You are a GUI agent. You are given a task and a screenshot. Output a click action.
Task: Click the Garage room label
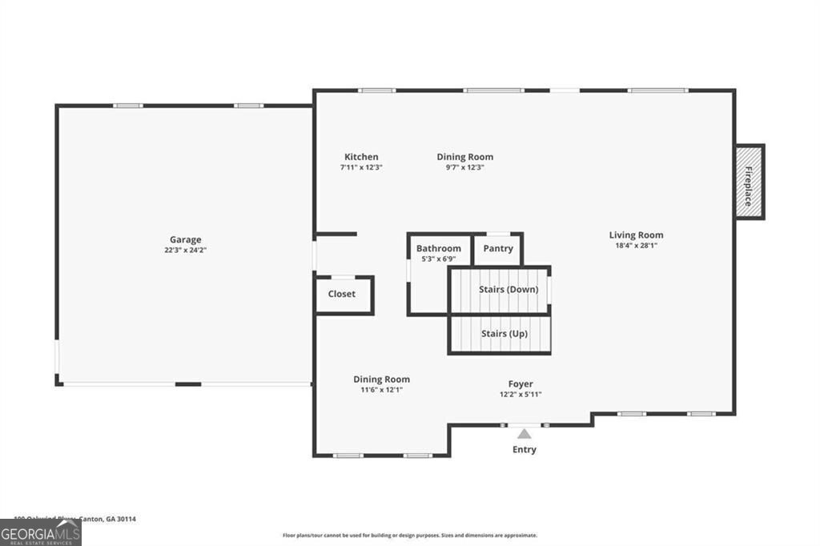tap(185, 239)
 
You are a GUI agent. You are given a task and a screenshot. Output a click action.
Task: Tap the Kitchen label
tap(361, 157)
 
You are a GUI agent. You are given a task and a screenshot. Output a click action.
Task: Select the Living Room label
tap(636, 235)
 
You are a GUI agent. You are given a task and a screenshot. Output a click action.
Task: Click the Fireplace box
tap(750, 182)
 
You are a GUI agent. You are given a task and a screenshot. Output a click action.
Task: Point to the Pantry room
tap(498, 249)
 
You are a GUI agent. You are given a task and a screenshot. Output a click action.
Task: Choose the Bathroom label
tap(438, 249)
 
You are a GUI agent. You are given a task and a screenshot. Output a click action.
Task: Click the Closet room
tap(342, 294)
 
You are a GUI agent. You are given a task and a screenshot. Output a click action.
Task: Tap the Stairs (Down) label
tap(508, 289)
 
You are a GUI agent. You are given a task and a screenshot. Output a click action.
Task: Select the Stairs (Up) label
tap(504, 333)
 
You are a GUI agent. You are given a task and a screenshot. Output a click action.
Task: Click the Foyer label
tap(521, 384)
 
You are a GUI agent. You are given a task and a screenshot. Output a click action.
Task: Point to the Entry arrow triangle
tap(524, 434)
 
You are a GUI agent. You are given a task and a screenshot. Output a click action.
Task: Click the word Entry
tap(525, 450)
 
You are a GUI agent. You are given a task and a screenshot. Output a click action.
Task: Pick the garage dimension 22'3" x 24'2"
tap(185, 250)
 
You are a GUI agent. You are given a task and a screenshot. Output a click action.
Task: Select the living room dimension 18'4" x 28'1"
tap(636, 245)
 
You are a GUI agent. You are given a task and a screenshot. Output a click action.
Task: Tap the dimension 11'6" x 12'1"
tap(381, 390)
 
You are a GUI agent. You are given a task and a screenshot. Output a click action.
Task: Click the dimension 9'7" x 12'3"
tap(464, 167)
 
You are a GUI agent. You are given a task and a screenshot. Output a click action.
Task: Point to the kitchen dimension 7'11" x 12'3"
tap(361, 167)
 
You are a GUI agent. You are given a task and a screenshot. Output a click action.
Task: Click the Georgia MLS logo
tap(41, 533)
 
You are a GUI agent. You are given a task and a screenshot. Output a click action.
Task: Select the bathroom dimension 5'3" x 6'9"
tap(438, 259)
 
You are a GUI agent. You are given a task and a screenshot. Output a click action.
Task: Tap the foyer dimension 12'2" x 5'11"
tap(521, 394)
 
